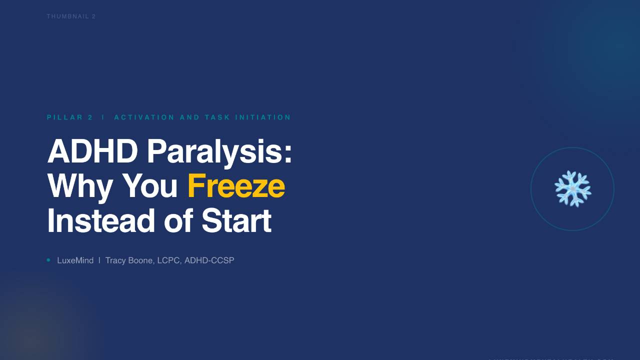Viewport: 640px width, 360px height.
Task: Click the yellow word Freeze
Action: tap(236, 186)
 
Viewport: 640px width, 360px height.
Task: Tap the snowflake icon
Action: tap(572, 189)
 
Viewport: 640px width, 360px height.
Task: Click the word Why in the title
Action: tap(80, 186)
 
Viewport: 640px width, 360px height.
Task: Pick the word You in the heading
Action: tap(150, 186)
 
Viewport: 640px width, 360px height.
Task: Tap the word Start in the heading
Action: tap(236, 220)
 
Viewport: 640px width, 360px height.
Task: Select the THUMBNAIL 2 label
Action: tap(71, 16)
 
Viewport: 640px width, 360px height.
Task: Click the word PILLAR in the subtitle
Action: tap(65, 117)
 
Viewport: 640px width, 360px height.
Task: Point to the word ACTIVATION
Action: tap(144, 117)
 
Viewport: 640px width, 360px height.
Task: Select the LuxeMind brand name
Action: tap(75, 260)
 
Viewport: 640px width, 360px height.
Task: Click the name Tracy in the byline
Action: tap(115, 260)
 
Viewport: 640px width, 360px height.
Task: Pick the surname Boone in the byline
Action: tap(140, 260)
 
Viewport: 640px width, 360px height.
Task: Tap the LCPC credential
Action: tap(169, 260)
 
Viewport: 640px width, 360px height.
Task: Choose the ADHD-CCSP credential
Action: tap(209, 260)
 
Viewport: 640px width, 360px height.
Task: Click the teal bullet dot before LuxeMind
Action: tap(48, 260)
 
